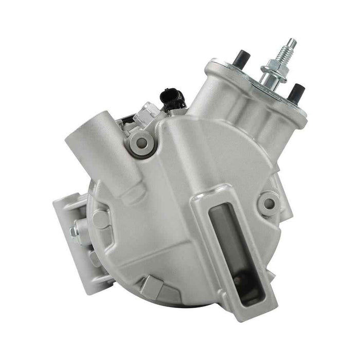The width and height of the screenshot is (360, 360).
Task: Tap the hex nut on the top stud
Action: pos(273,68)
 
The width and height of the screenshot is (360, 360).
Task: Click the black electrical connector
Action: pos(170,96)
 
